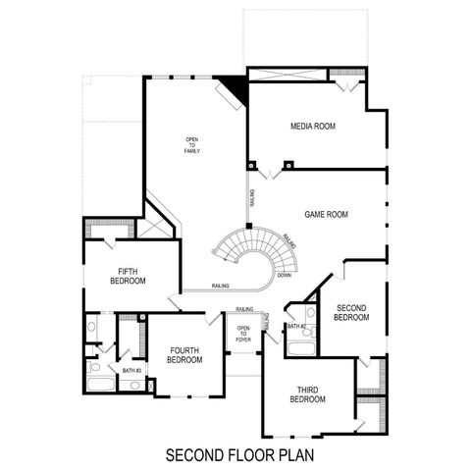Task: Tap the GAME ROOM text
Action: [327, 214]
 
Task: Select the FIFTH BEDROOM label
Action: [131, 276]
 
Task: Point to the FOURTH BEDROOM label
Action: [184, 354]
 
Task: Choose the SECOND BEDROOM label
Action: [350, 312]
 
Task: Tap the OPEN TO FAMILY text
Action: [191, 150]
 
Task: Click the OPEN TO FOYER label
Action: [243, 336]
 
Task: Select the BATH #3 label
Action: [131, 370]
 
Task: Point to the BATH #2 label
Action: [297, 325]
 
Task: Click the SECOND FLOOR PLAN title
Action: [235, 455]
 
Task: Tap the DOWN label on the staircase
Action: [285, 276]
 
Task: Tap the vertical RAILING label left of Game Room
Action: [252, 199]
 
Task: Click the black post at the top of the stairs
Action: [250, 227]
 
